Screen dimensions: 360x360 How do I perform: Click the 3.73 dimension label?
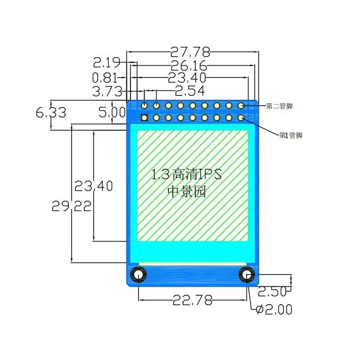108,91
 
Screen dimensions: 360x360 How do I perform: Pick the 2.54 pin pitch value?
189,91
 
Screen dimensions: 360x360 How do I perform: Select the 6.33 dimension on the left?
51,112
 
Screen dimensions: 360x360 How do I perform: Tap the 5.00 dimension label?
112,112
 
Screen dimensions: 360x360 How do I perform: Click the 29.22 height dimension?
72,207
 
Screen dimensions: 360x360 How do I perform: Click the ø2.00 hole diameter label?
273,310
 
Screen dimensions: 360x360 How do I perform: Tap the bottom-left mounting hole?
138,274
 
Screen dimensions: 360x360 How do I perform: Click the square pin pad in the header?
144,118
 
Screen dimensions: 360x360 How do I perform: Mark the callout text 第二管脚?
279,106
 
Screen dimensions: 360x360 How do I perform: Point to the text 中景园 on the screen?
186,192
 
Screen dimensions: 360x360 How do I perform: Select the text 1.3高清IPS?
187,175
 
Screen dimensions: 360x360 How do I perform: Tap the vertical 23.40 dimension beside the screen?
94,186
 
